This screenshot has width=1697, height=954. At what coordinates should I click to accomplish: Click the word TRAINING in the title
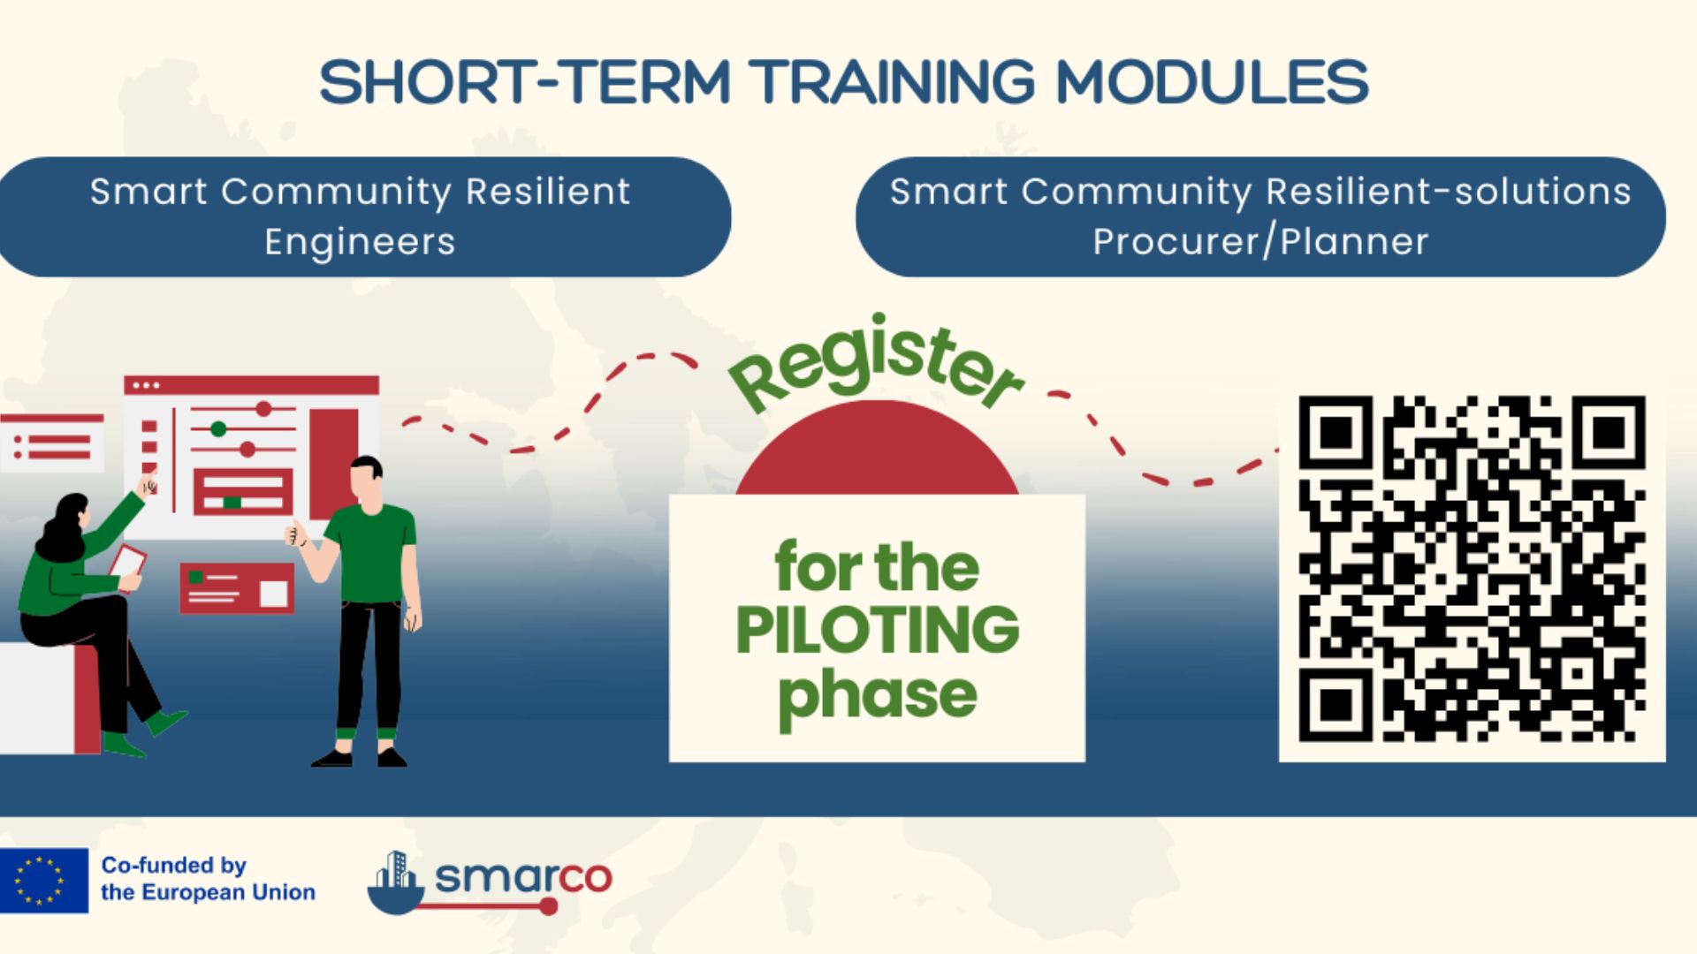(895, 82)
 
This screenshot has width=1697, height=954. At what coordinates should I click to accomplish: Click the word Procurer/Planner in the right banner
(1260, 242)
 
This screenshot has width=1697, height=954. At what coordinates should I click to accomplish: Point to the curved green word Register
(875, 362)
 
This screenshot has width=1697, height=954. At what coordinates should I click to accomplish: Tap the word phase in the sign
(877, 697)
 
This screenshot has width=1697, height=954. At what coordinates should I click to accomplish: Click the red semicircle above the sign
(877, 448)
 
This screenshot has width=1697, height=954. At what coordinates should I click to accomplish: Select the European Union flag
(44, 880)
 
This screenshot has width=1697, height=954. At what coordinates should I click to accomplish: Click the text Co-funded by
(174, 866)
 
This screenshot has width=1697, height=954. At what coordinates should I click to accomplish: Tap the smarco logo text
(523, 877)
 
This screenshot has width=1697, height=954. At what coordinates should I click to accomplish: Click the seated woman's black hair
(62, 527)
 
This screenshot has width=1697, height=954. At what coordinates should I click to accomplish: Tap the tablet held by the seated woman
(128, 560)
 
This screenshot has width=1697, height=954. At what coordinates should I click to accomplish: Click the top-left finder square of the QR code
(1336, 433)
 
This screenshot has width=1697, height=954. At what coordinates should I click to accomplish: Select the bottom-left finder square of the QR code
(1336, 705)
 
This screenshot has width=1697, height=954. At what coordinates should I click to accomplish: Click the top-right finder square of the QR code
(1609, 433)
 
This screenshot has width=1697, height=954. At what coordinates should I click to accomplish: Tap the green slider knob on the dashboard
(218, 429)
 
